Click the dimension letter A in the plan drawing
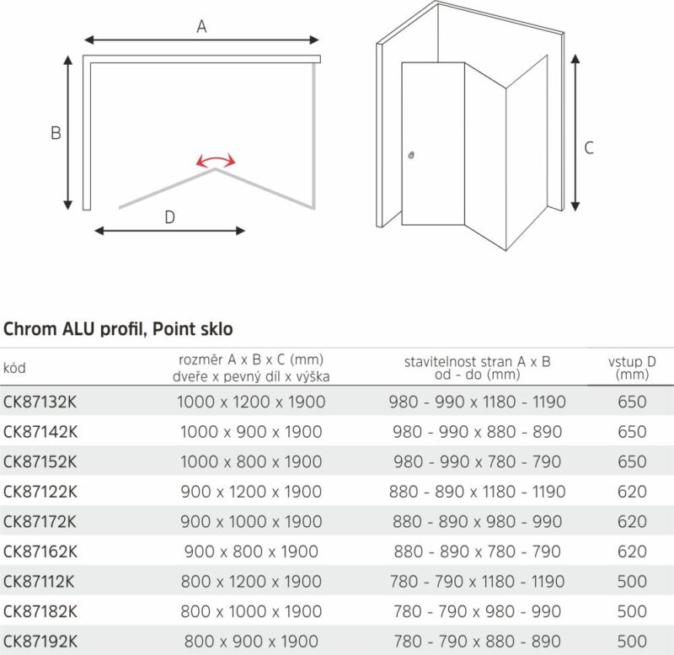[201, 27]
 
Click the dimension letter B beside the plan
[56, 133]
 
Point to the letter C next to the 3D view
[589, 147]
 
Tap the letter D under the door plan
[169, 217]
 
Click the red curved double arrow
[216, 161]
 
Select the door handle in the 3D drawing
[410, 155]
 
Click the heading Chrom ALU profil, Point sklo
[118, 327]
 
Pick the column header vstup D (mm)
[632, 367]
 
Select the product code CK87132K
[40, 402]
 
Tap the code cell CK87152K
[40, 461]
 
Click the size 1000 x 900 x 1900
[251, 432]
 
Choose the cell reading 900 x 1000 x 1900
[251, 522]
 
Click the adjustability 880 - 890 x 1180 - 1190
[478, 492]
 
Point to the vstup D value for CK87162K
[632, 551]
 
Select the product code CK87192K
[40, 642]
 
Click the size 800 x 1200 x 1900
[251, 582]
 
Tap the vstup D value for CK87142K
[632, 432]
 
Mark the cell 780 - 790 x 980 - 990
[478, 611]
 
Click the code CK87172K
[40, 522]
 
